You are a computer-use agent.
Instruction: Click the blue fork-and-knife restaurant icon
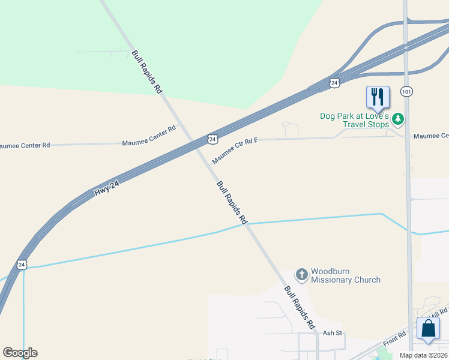coord(378,96)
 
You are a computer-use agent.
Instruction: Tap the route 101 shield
coord(407,91)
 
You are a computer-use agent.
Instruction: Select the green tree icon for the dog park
coord(397,120)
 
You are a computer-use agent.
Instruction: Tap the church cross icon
coord(301,275)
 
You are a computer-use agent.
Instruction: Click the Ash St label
coord(332,333)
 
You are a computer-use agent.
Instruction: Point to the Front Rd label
coord(394,338)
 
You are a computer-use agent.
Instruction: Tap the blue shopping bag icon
coord(428,329)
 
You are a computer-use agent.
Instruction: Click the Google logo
coord(20,353)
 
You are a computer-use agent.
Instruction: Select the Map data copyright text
coord(423,355)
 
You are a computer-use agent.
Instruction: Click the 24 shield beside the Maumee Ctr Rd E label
coord(212,139)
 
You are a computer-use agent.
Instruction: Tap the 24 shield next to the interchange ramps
coord(334,82)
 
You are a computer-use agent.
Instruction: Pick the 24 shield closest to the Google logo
coord(22,264)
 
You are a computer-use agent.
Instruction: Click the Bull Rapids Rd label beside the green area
coord(147,71)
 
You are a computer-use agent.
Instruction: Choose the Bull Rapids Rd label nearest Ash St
coord(300,307)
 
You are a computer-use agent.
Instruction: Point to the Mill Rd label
coord(439,313)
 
